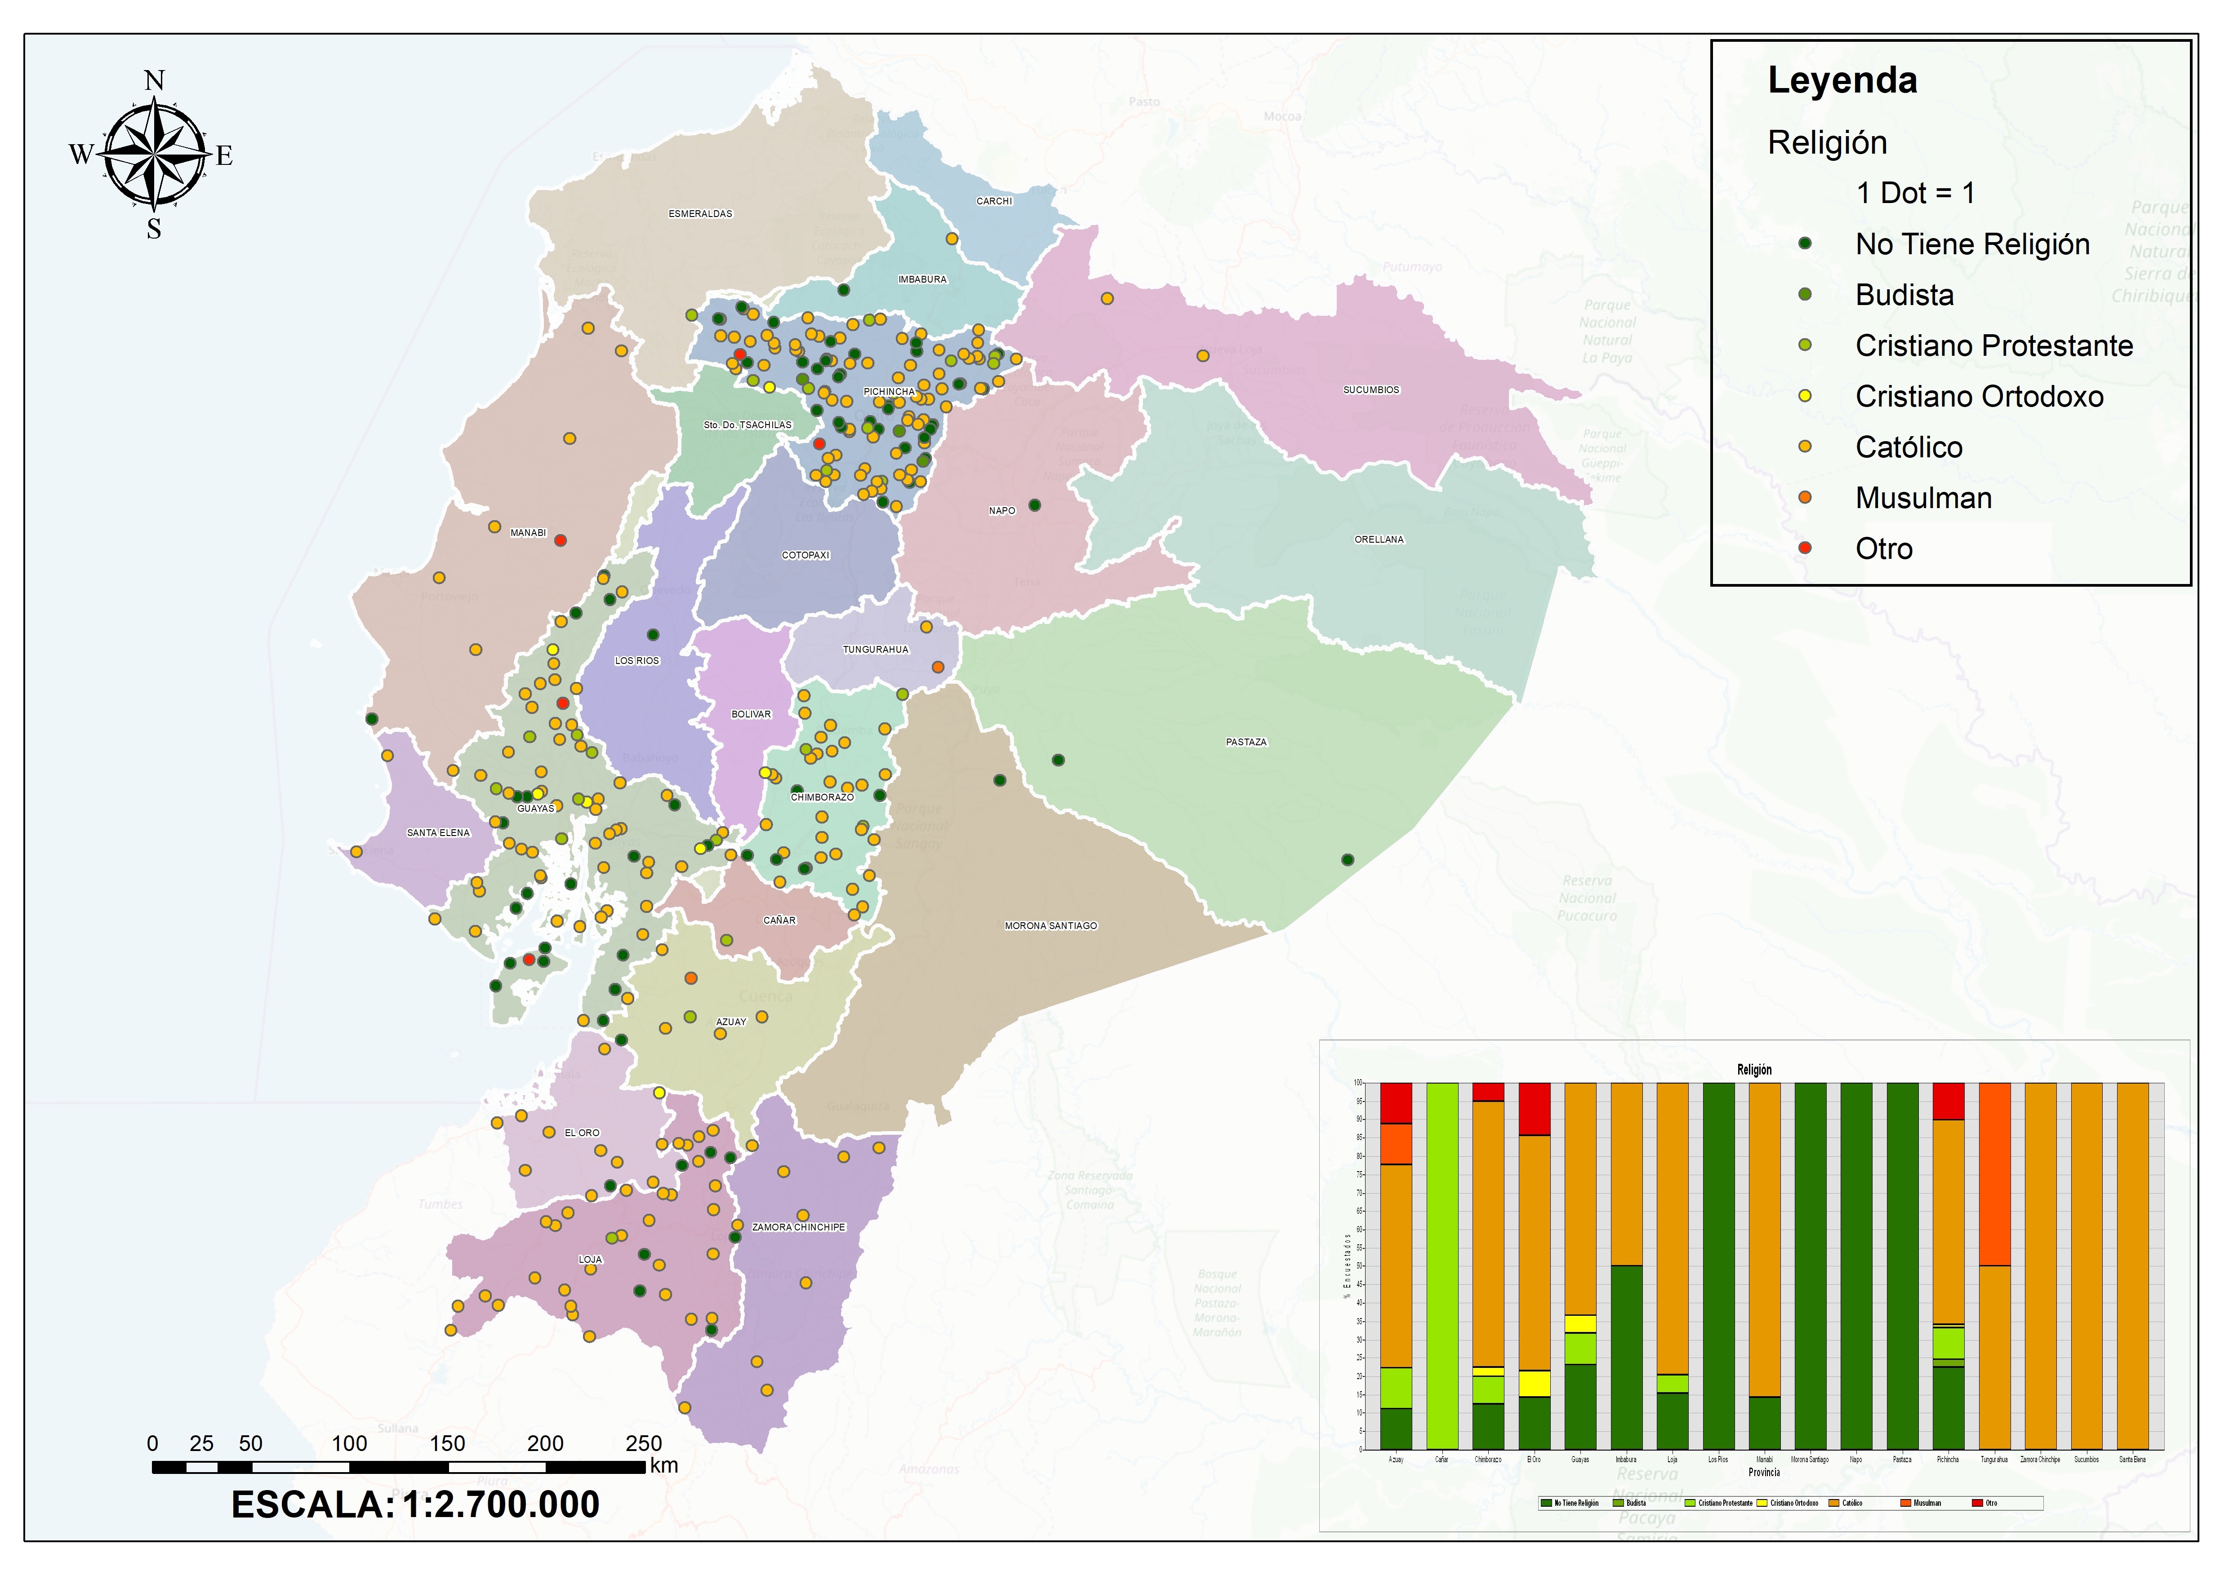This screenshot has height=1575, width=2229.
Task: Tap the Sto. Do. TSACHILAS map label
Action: [x=747, y=425]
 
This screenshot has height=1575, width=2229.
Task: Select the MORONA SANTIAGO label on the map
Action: [x=1050, y=926]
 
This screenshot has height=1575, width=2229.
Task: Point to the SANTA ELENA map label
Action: [x=438, y=832]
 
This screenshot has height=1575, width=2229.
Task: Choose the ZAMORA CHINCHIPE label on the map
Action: [x=798, y=1228]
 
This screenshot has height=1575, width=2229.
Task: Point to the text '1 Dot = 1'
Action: [x=1914, y=193]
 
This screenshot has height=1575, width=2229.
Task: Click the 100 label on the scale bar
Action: [x=350, y=1443]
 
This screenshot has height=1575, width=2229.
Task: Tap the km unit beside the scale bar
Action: [x=664, y=1465]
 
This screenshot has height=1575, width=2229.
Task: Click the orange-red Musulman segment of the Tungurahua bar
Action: [x=1994, y=1174]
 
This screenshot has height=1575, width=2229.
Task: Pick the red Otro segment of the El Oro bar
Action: [x=1534, y=1108]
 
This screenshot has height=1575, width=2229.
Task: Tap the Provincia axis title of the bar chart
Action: [x=1764, y=1472]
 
